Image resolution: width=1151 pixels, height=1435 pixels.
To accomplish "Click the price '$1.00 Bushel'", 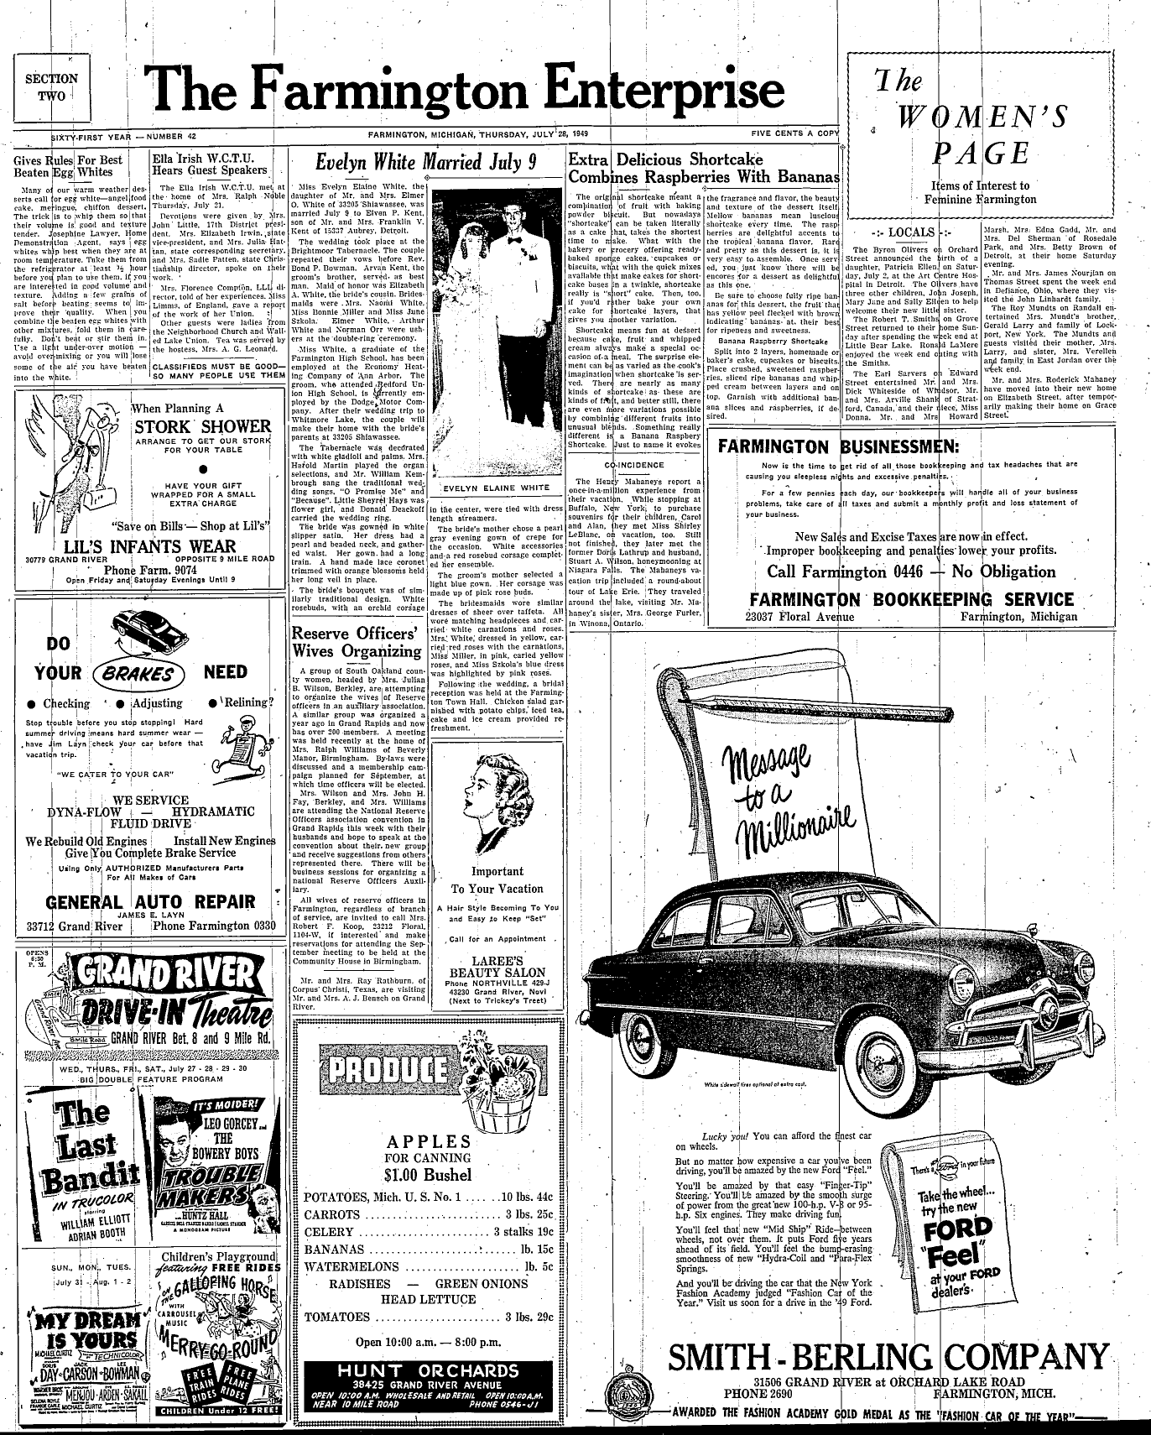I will coord(429,1174).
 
